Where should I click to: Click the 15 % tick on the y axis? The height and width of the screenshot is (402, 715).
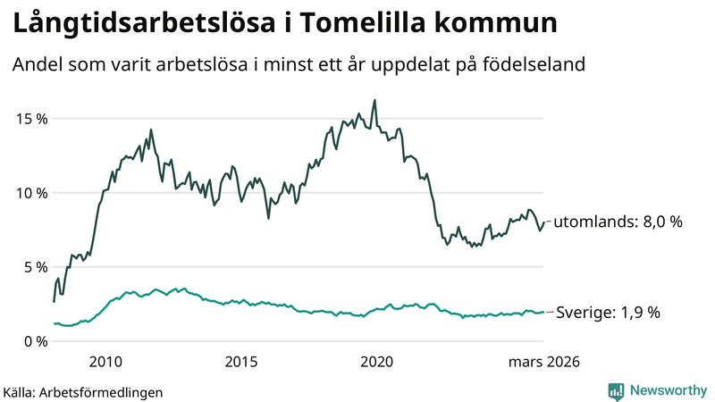pyautogui.click(x=29, y=119)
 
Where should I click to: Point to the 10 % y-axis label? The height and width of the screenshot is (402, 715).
pyautogui.click(x=29, y=193)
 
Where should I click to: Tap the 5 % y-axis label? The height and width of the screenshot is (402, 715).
pyautogui.click(x=34, y=267)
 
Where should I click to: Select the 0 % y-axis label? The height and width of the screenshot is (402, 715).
pyautogui.click(x=34, y=341)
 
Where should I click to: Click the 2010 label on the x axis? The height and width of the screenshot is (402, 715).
pyautogui.click(x=105, y=362)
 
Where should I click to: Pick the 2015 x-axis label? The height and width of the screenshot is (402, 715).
pyautogui.click(x=241, y=362)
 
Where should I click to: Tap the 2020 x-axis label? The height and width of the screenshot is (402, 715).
pyautogui.click(x=376, y=362)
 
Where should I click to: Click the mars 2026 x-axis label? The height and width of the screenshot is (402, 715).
pyautogui.click(x=544, y=362)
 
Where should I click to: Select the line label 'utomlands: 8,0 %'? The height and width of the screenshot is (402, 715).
pyautogui.click(x=618, y=222)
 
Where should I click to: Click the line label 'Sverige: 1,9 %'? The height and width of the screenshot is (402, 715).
pyautogui.click(x=608, y=313)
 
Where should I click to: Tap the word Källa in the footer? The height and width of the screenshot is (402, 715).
pyautogui.click(x=20, y=391)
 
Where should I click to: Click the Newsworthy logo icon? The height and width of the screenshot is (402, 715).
pyautogui.click(x=616, y=390)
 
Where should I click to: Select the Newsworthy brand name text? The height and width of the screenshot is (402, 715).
pyautogui.click(x=666, y=390)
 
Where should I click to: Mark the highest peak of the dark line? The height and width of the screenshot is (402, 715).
pyautogui.click(x=374, y=100)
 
